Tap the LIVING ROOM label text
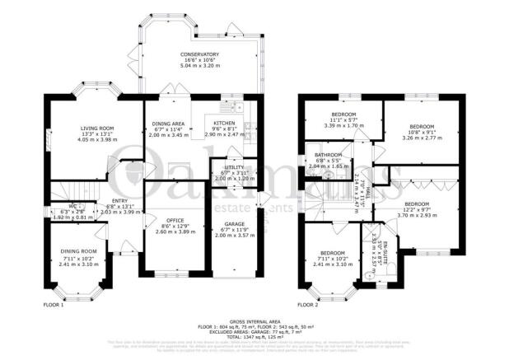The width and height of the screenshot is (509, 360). click(96, 129)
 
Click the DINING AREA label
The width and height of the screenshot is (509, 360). click(167, 122)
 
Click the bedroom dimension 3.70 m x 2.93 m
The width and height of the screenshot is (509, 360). click(415, 214)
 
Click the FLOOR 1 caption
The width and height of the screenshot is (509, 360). click(54, 305)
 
